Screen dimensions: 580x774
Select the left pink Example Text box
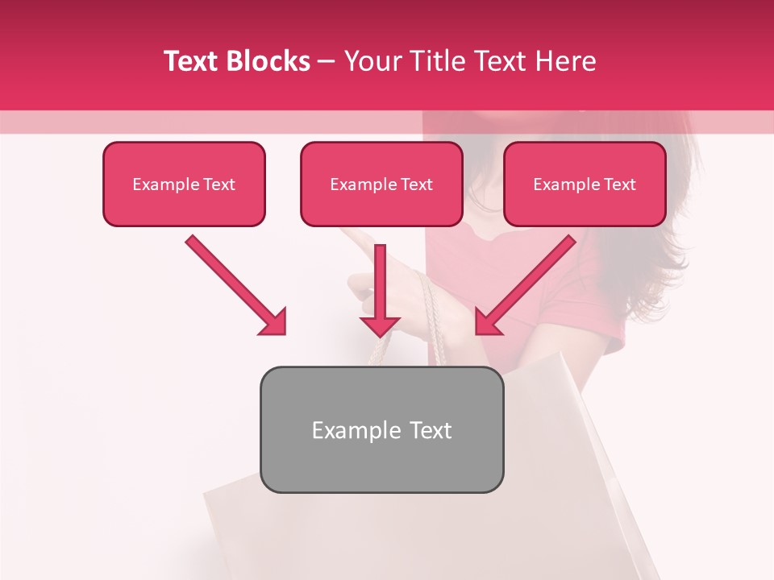pyautogui.click(x=184, y=184)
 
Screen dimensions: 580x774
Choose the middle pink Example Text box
pyautogui.click(x=381, y=184)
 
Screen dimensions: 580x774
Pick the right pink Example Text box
pyautogui.click(x=585, y=184)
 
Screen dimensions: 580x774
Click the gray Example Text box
pyautogui.click(x=381, y=430)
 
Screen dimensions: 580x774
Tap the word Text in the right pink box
pyautogui.click(x=619, y=184)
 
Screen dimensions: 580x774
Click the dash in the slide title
pyautogui.click(x=327, y=61)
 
